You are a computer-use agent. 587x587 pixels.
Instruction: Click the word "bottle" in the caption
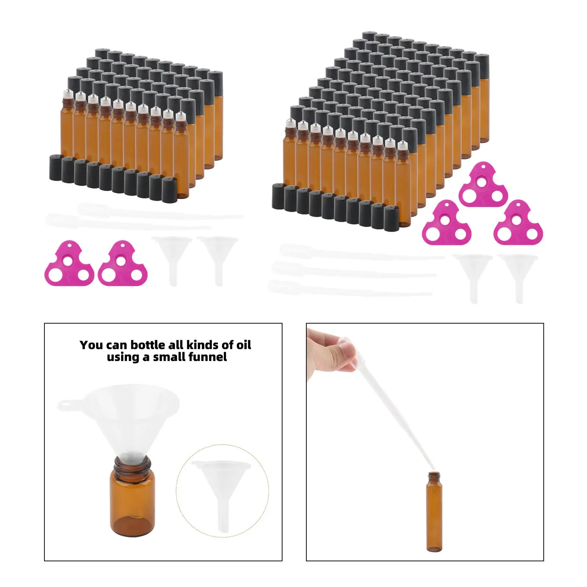point(144,345)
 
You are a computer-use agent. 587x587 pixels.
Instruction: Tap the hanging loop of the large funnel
point(66,406)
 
